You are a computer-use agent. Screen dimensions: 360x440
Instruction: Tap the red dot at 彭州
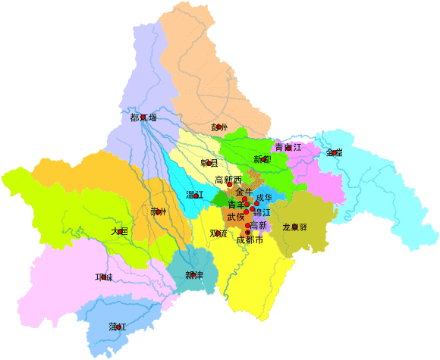coord(219,127)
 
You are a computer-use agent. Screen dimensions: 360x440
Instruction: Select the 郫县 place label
coord(209,163)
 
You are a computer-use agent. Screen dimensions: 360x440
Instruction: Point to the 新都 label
coord(262,159)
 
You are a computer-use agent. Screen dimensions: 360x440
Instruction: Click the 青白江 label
coord(288,147)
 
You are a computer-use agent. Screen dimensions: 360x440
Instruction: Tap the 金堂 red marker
coord(334,152)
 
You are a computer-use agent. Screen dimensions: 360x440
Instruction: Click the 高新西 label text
coord(228,180)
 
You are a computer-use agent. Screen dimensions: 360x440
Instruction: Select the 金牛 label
coord(244,192)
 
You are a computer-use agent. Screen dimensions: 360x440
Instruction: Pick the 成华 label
coord(263,198)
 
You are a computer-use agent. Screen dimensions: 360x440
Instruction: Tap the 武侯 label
coord(235,217)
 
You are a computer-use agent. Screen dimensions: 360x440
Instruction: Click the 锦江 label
coord(262,212)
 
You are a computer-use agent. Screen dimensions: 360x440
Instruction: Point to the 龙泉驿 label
coord(294,227)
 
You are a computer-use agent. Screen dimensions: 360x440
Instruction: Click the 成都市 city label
coord(250,240)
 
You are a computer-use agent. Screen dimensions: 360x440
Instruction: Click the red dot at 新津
coord(193,274)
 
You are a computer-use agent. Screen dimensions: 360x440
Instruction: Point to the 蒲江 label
coord(116,327)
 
